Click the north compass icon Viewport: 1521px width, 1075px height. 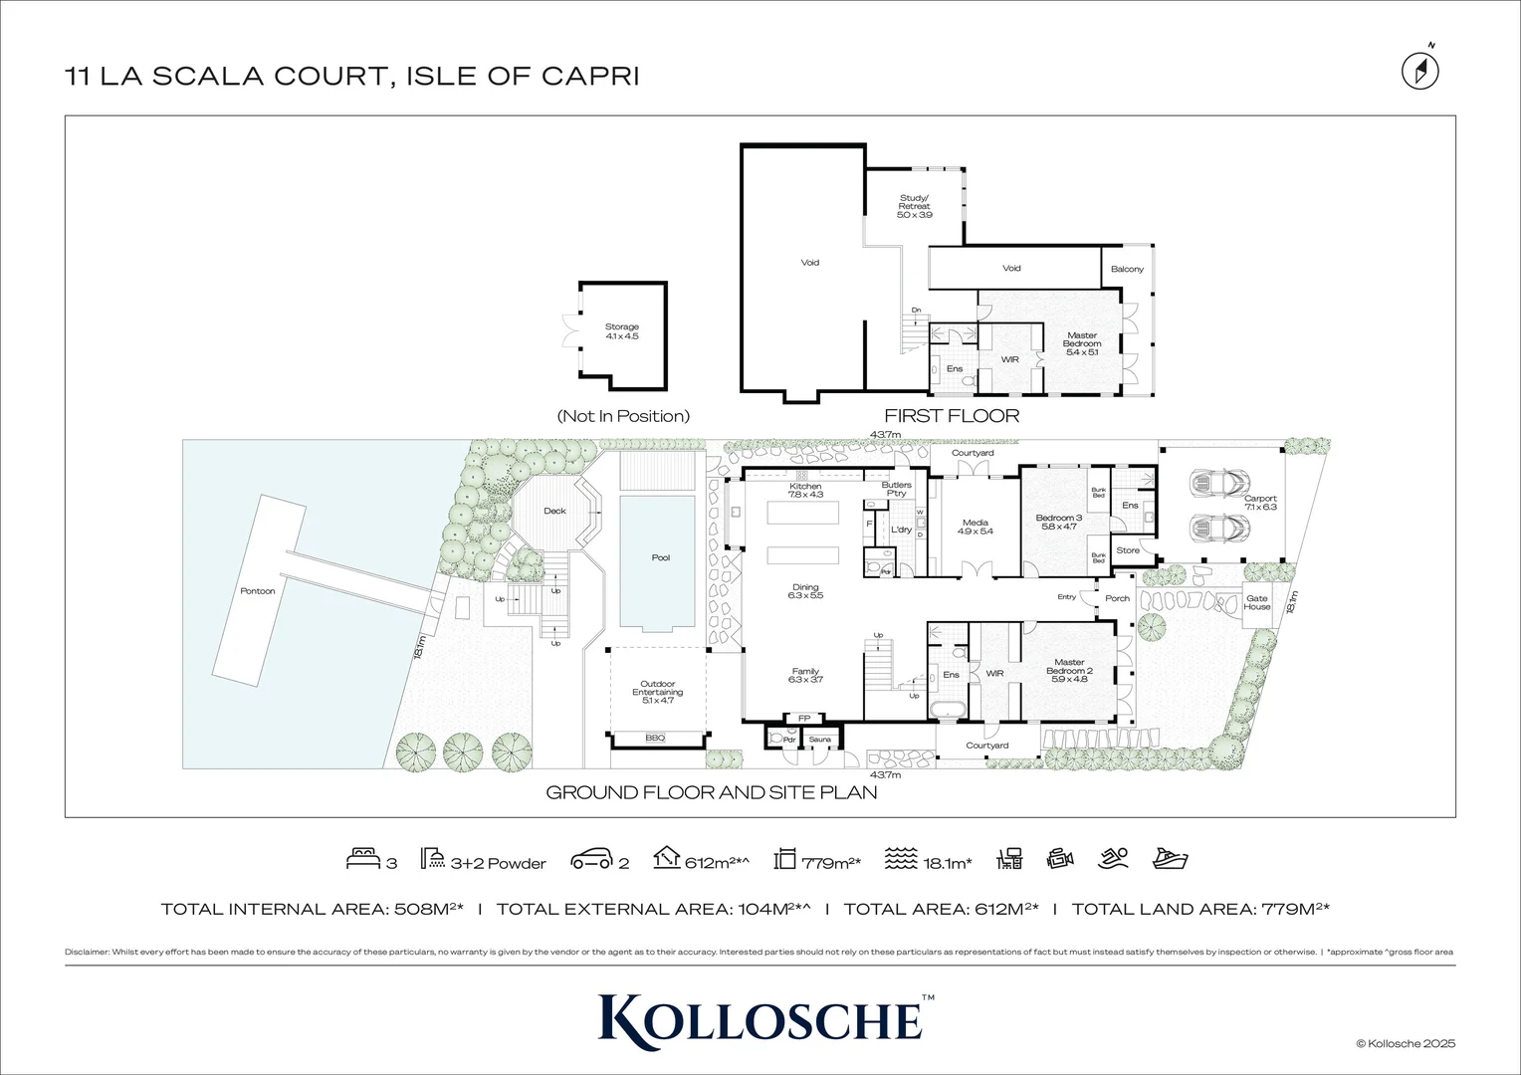click(x=1420, y=70)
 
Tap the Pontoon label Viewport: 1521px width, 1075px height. click(x=257, y=591)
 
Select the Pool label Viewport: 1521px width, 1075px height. click(x=660, y=557)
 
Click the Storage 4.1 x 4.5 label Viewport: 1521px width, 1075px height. click(x=622, y=331)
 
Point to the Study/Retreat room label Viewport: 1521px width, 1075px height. click(x=914, y=206)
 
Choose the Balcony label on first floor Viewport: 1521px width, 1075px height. click(x=1127, y=269)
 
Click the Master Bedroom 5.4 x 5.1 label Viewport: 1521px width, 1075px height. click(x=1081, y=343)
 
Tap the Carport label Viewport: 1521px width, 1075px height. click(x=1260, y=503)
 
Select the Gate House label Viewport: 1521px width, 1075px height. click(x=1257, y=602)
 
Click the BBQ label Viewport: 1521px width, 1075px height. click(x=655, y=738)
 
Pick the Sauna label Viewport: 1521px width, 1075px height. click(x=819, y=740)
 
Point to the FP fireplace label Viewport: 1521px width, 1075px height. click(x=804, y=718)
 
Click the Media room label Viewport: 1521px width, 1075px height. click(x=975, y=527)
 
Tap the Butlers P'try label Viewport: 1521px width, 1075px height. click(x=897, y=489)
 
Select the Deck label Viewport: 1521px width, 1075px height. click(x=554, y=511)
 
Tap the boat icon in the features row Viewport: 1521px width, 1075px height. click(x=1170, y=859)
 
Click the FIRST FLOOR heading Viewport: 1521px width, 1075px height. click(x=952, y=416)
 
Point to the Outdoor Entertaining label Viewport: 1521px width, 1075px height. click(x=657, y=692)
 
